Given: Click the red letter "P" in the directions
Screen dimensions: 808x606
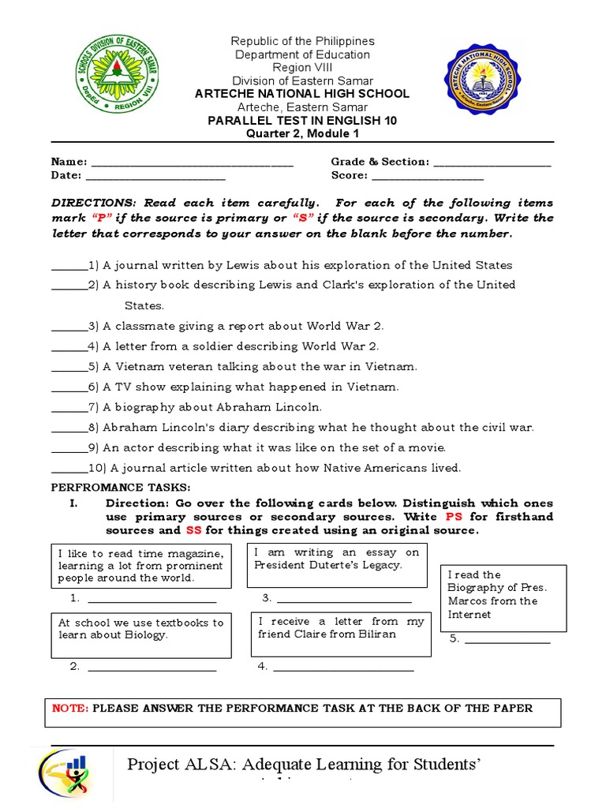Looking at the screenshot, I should pos(99,218).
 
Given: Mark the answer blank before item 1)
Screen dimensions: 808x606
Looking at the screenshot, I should pos(69,267).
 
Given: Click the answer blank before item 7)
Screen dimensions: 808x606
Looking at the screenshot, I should pos(69,409).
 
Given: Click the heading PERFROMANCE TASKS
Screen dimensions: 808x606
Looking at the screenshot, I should pos(121,488).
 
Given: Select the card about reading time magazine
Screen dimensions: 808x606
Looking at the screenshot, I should pos(141,565).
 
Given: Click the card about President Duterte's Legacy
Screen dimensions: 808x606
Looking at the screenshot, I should pos(337,565).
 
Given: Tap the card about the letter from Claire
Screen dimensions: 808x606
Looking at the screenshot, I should pos(341,634).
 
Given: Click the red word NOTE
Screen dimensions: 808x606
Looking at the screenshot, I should pos(70,708).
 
